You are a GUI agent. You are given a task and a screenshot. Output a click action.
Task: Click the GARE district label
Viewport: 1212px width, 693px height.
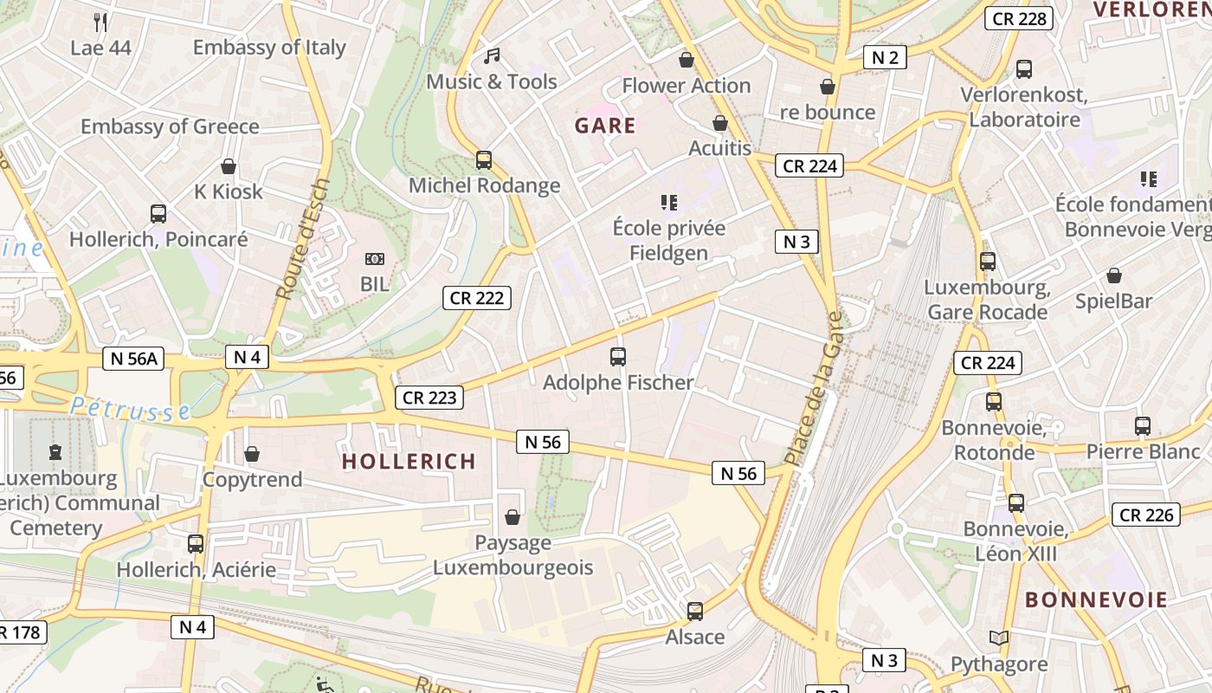tap(605, 126)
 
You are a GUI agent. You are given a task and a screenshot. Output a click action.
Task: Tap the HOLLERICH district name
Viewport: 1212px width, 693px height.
tap(409, 461)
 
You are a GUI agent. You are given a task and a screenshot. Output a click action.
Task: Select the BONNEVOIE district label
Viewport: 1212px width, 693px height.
tap(1096, 599)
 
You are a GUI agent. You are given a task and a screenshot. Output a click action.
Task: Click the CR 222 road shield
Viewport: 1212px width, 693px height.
tap(476, 298)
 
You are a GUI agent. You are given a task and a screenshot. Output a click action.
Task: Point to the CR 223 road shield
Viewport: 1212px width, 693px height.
tap(429, 398)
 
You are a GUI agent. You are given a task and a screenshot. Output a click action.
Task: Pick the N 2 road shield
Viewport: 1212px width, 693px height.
tap(885, 58)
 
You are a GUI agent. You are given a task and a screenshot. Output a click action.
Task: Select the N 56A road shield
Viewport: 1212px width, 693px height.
tap(133, 358)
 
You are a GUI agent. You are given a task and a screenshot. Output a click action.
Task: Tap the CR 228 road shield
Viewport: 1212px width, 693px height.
tap(1019, 18)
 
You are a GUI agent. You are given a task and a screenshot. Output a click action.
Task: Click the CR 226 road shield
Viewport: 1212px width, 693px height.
tap(1146, 515)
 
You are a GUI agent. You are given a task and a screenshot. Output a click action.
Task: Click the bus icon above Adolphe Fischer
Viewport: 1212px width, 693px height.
tap(618, 356)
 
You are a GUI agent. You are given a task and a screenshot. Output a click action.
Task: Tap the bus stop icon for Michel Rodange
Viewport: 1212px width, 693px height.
tap(484, 159)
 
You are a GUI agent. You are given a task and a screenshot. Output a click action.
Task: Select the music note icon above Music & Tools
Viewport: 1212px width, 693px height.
tap(492, 56)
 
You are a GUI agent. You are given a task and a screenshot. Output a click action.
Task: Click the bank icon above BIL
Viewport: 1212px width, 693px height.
tap(375, 259)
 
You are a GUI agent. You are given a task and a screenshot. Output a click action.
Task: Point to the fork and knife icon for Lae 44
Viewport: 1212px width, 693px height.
tap(100, 23)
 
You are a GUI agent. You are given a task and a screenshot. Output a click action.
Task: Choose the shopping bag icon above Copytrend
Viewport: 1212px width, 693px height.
tap(252, 454)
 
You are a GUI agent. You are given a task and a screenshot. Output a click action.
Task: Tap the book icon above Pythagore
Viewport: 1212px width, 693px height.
tap(999, 638)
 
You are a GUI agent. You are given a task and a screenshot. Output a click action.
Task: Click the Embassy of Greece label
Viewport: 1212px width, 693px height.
tap(170, 126)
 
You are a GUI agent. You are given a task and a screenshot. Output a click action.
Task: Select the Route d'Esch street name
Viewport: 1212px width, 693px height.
tap(302, 239)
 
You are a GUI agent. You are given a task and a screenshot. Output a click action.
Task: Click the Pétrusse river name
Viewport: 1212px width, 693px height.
tap(130, 409)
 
